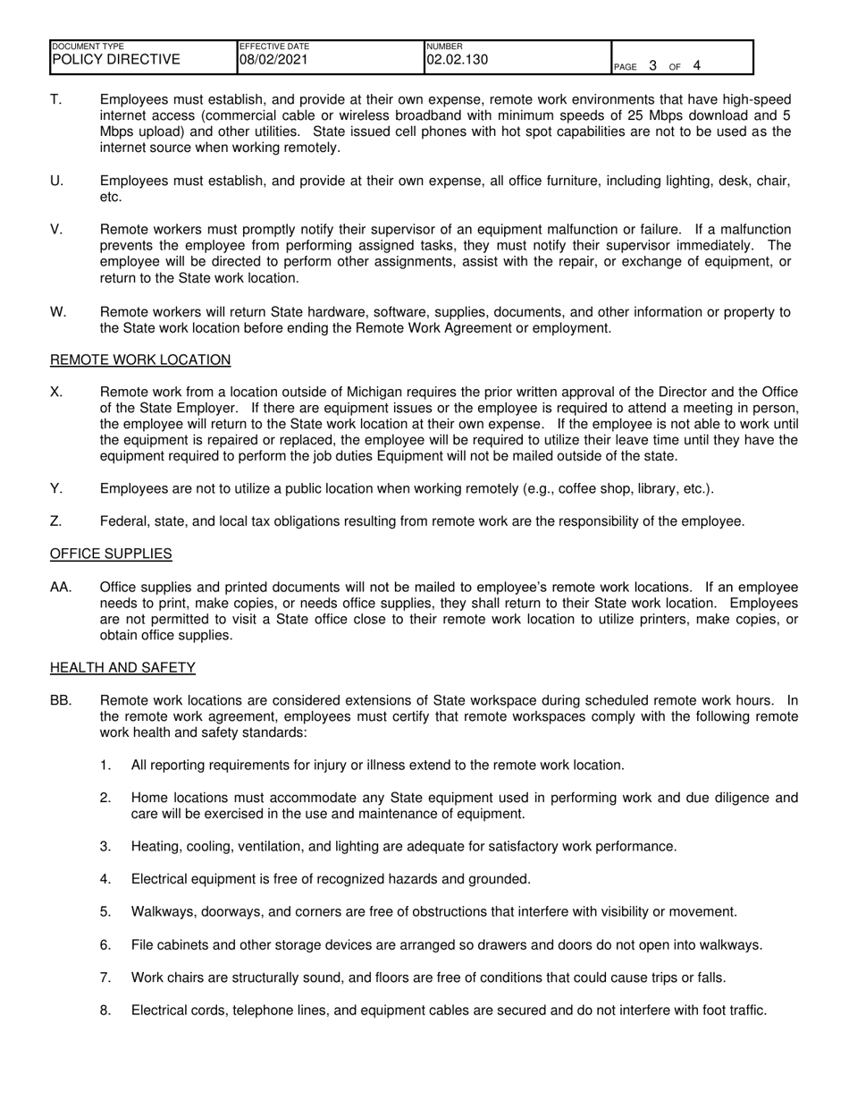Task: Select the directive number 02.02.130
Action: [458, 60]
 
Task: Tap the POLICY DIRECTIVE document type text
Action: [116, 60]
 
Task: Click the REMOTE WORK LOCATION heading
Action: [140, 360]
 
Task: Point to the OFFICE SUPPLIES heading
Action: [111, 554]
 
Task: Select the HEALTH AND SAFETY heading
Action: [122, 667]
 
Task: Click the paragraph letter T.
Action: [55, 99]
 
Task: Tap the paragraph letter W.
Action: [58, 312]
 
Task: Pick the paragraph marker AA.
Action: [61, 587]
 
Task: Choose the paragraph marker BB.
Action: [61, 700]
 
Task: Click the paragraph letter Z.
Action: [55, 521]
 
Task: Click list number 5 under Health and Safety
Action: [105, 912]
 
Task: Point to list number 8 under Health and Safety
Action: [105, 1011]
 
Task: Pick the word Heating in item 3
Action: [156, 846]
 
